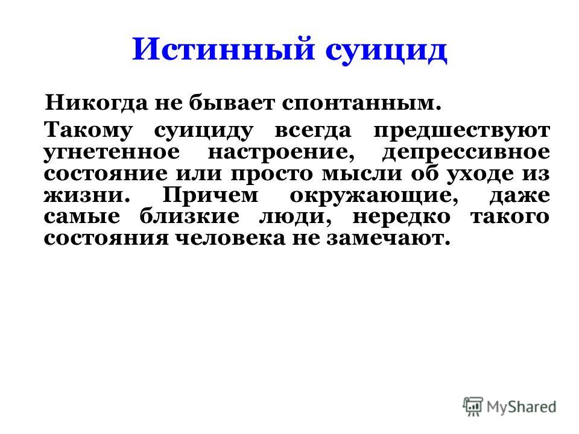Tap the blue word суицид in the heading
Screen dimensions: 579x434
click(x=386, y=52)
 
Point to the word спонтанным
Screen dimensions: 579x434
click(x=362, y=104)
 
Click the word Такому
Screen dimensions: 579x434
click(x=88, y=131)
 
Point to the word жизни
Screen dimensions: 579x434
click(x=87, y=195)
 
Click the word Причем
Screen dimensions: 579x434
click(x=210, y=195)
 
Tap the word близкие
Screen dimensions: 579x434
click(x=189, y=216)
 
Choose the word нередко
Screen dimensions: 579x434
click(x=402, y=217)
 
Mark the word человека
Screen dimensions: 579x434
click(x=230, y=239)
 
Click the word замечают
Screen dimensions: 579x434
click(x=388, y=239)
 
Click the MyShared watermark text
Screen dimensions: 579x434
click(x=521, y=407)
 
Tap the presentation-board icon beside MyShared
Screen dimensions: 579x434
click(x=473, y=407)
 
